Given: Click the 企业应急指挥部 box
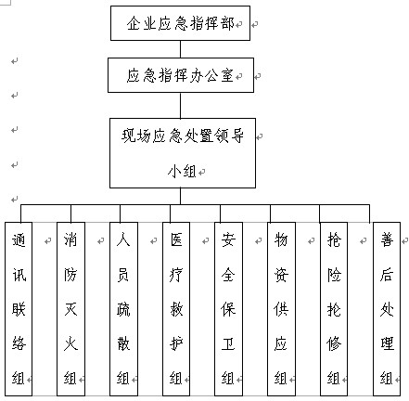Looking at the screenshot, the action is coord(180,23).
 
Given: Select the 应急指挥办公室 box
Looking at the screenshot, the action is coord(181,75).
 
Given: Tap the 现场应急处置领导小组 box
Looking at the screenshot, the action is coord(183,153).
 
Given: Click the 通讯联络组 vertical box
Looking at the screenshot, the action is coord(19,309).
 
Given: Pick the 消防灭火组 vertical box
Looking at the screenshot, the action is coord(70,309).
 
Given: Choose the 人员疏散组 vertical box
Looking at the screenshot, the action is coord(123,309).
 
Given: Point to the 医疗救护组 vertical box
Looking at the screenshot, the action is coord(176,309).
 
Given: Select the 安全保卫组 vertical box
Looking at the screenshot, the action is coord(228,309).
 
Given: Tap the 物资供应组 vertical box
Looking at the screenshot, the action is coord(281,309).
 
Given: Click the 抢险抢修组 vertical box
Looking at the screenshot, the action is coord(334,309).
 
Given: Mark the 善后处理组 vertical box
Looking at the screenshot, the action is coord(387,309).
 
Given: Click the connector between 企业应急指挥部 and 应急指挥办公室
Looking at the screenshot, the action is coord(180,49).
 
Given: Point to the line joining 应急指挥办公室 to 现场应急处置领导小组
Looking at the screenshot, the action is coord(180,105).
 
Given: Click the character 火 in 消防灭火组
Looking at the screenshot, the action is coord(70,343).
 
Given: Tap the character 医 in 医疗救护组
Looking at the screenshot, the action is coord(176,239).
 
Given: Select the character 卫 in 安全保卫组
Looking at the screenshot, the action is coord(228,343).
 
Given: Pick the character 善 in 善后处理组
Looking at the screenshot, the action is coord(387,239).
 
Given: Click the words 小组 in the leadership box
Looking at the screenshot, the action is coord(182,171).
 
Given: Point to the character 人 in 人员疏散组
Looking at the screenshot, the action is coord(123,239).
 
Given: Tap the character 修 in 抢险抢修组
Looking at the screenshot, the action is coord(334,343).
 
